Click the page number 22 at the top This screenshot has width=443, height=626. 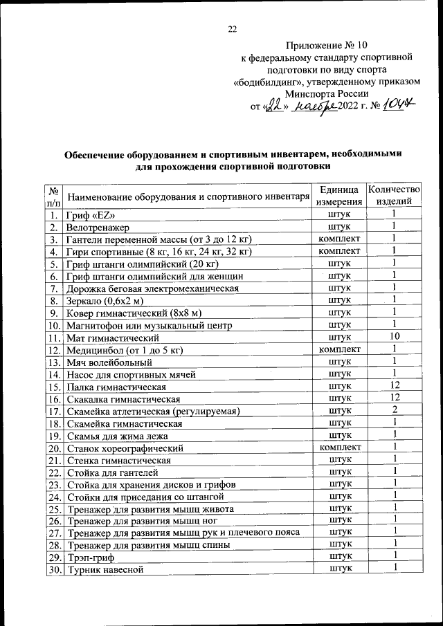pos(233,28)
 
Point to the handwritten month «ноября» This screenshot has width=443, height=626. pos(314,107)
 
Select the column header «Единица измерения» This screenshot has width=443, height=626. pos(338,196)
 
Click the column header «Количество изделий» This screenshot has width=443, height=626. pos(393,196)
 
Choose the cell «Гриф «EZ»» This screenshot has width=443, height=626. pos(90,215)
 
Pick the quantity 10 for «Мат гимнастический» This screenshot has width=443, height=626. pos(393,337)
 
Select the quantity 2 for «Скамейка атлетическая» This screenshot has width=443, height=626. pos(393,410)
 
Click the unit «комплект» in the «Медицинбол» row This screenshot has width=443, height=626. pos(338,349)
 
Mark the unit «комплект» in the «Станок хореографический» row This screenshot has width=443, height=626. pos(338,447)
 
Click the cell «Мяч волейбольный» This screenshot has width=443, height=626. pos(109,362)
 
